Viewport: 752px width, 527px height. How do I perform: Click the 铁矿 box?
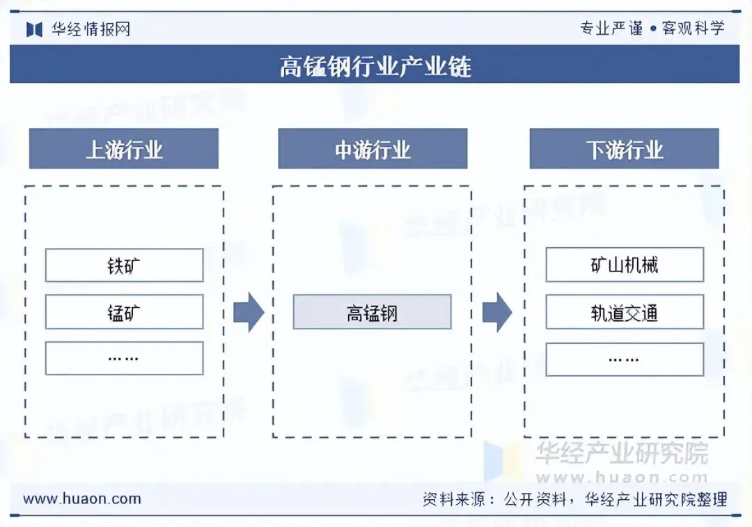(x=124, y=265)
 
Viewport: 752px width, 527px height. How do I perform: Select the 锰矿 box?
(x=124, y=312)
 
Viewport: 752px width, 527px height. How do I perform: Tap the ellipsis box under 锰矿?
(x=124, y=359)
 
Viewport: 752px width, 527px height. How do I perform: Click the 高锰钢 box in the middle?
(x=372, y=312)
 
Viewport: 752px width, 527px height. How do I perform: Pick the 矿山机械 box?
(x=625, y=265)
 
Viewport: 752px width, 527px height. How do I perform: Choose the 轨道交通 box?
(x=625, y=312)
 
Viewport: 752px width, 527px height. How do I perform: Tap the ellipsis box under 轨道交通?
(x=625, y=359)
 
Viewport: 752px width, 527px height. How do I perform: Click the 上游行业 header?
(x=124, y=149)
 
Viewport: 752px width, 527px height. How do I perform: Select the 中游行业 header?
(x=373, y=149)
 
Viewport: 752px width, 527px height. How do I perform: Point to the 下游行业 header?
(x=625, y=149)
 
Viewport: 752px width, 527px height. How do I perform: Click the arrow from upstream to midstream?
(x=248, y=313)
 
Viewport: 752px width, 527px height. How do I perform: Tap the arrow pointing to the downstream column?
(x=496, y=313)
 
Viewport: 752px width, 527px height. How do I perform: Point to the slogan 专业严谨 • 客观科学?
(x=652, y=28)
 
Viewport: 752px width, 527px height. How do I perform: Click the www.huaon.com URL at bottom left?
(x=82, y=498)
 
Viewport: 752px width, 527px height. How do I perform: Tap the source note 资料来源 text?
(x=574, y=499)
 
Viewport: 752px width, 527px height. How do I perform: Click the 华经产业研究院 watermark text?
(x=621, y=454)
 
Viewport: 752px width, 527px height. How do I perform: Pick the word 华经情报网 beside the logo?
(x=91, y=29)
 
